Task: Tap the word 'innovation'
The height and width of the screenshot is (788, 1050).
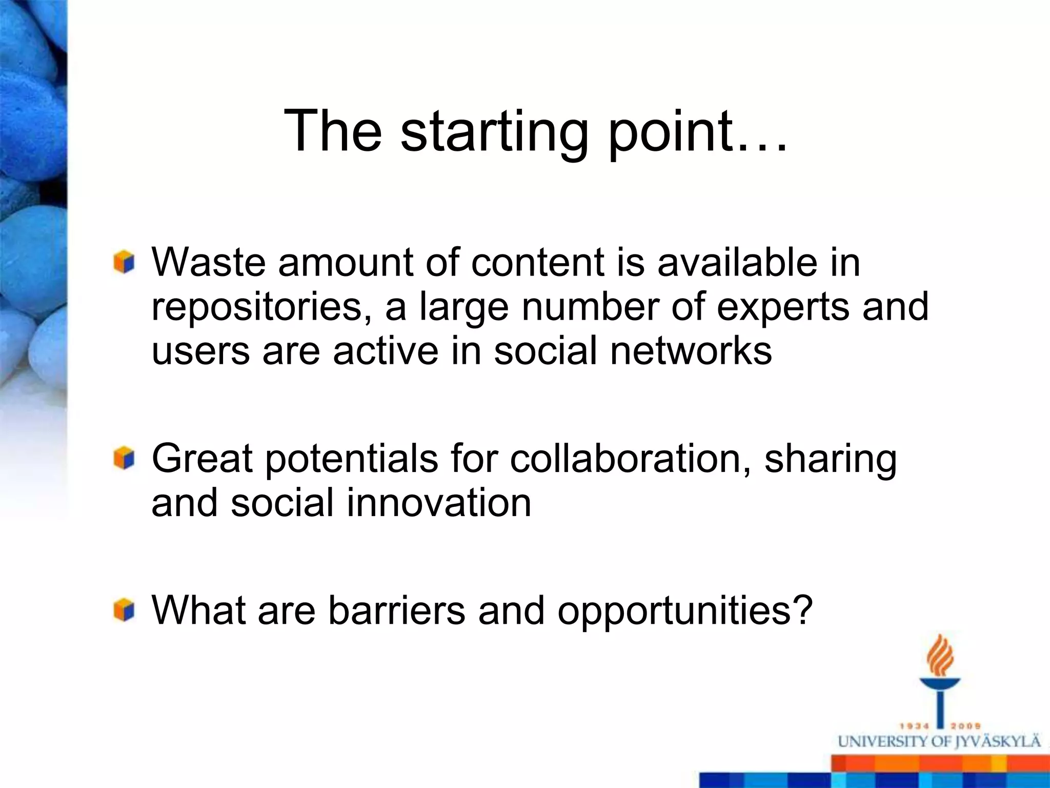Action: pyautogui.click(x=439, y=502)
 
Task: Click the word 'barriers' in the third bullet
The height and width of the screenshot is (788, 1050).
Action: pyautogui.click(x=396, y=610)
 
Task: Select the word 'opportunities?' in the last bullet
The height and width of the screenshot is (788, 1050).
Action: pyautogui.click(x=685, y=612)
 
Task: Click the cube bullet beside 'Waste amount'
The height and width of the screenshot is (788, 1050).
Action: pyautogui.click(x=124, y=262)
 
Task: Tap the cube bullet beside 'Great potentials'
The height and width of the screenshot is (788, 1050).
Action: pyautogui.click(x=124, y=458)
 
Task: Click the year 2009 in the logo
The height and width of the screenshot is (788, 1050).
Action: pyautogui.click(x=966, y=726)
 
